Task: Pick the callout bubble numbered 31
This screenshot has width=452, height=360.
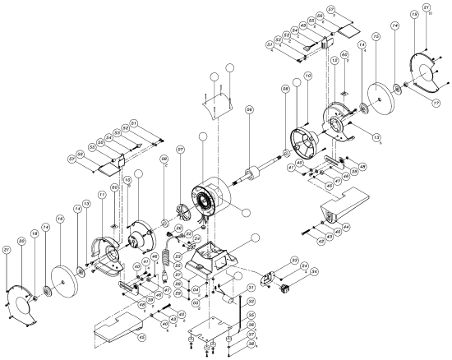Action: [x=251, y=288]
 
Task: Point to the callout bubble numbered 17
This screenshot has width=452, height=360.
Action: [x=427, y=103]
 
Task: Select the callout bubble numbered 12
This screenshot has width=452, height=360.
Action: [x=334, y=62]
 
